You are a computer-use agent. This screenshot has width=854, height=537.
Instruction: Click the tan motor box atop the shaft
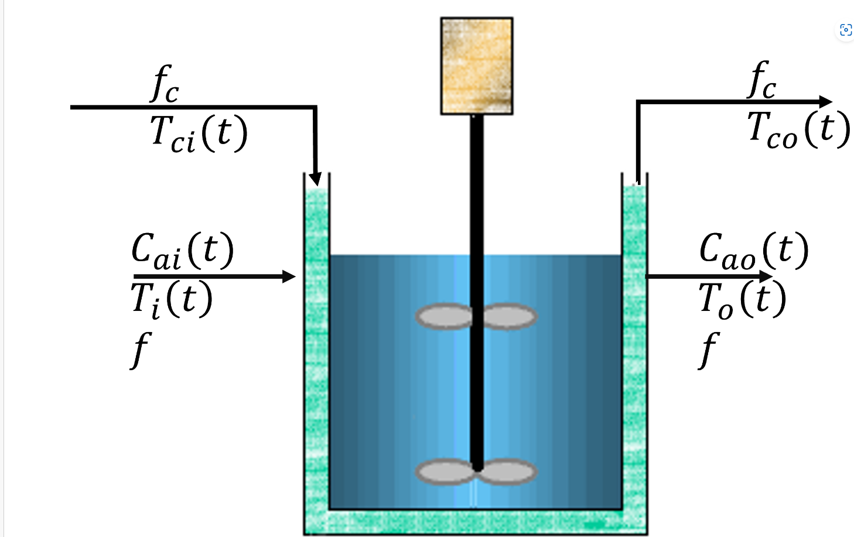tap(477, 66)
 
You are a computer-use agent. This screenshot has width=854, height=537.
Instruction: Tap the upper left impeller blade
tap(443, 316)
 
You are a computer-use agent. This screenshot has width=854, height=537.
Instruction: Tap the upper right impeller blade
tap(509, 316)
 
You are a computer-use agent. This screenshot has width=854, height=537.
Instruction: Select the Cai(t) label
tap(182, 251)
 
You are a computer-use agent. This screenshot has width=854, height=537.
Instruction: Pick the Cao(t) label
tap(754, 251)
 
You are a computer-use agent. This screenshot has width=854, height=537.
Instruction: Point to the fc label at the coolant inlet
tap(165, 84)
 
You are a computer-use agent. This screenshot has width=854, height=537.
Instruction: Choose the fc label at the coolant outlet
tap(762, 80)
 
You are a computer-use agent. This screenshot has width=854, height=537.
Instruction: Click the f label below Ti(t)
tap(141, 349)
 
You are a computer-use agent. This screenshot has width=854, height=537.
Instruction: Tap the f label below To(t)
tap(709, 349)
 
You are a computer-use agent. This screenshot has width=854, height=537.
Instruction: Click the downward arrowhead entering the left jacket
tap(315, 178)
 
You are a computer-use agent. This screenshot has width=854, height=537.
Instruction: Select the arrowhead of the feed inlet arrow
tap(289, 276)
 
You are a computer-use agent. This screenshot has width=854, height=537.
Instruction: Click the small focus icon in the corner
tap(845, 30)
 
